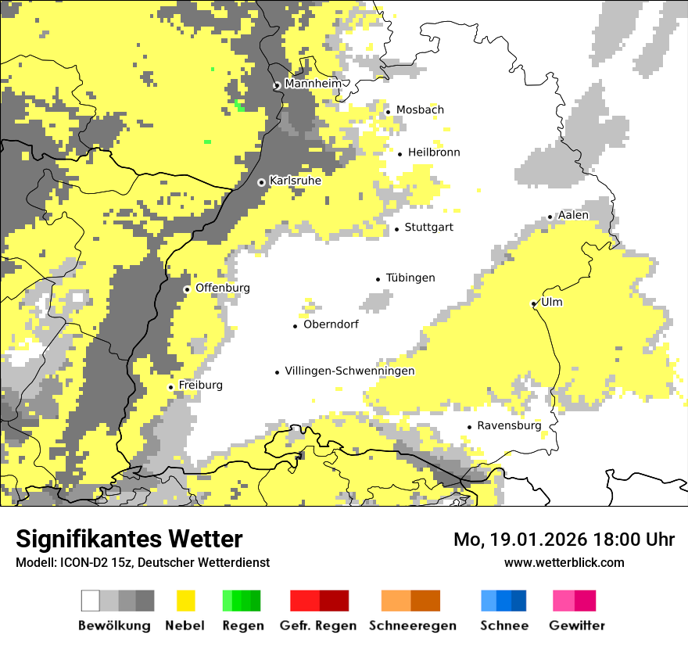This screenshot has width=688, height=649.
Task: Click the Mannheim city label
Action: point(313,84)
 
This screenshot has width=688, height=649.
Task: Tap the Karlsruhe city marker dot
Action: point(262,182)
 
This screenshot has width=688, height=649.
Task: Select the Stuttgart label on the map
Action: point(428,228)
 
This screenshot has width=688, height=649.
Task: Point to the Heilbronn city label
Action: point(434,152)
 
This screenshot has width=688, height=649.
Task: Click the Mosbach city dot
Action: point(388,112)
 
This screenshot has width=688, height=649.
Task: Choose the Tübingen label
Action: point(410,278)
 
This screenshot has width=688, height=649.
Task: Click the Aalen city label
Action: point(573,215)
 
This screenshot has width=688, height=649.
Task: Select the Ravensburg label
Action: point(509,426)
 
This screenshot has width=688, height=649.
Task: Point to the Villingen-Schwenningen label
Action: point(349,371)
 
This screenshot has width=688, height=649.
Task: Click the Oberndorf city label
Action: point(331,324)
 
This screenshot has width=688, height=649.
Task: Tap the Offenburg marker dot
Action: point(187,289)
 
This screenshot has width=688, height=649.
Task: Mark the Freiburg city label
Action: point(200,385)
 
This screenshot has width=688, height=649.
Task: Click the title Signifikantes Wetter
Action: point(129,539)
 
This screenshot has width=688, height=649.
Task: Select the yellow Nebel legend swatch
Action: point(185,601)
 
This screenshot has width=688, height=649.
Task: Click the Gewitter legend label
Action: point(576,626)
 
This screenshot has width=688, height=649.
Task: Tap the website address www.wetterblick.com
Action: point(564,562)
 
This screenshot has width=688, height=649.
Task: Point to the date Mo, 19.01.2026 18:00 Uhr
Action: point(564,540)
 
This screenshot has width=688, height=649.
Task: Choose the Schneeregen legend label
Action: point(412,626)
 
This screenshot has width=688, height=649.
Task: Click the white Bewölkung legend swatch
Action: point(91,601)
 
